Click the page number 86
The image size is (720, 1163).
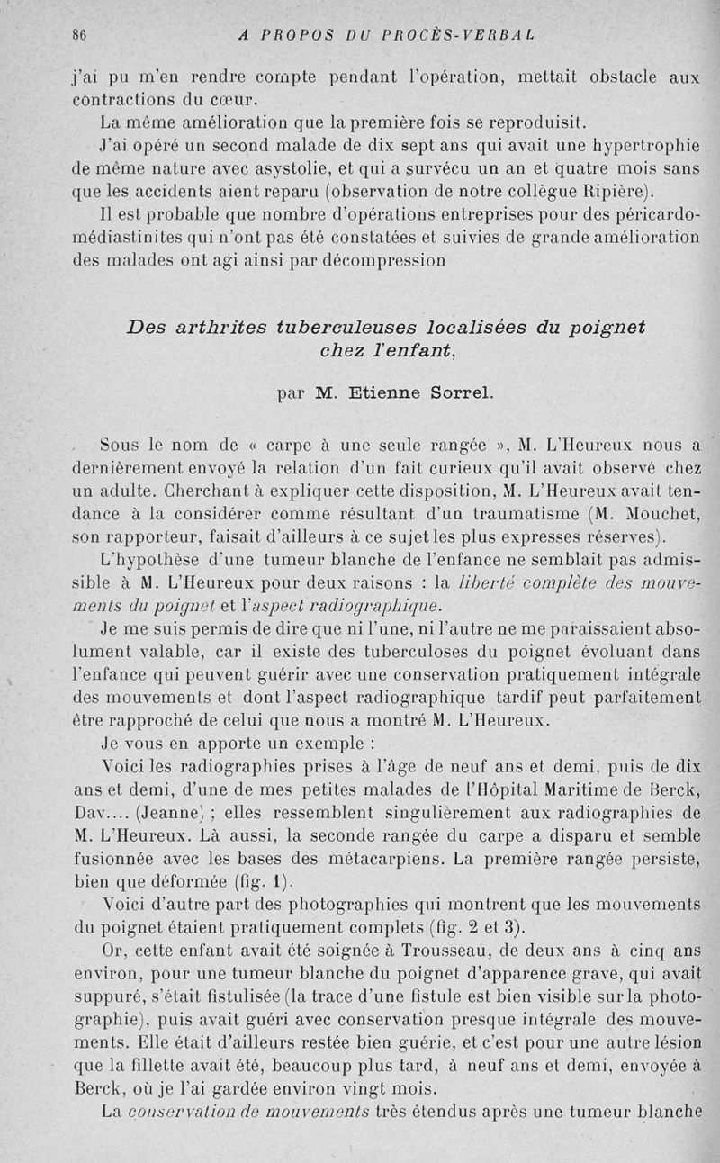click(x=78, y=35)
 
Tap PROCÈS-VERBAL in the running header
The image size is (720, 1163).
click(x=459, y=35)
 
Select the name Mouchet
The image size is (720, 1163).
click(x=663, y=515)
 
